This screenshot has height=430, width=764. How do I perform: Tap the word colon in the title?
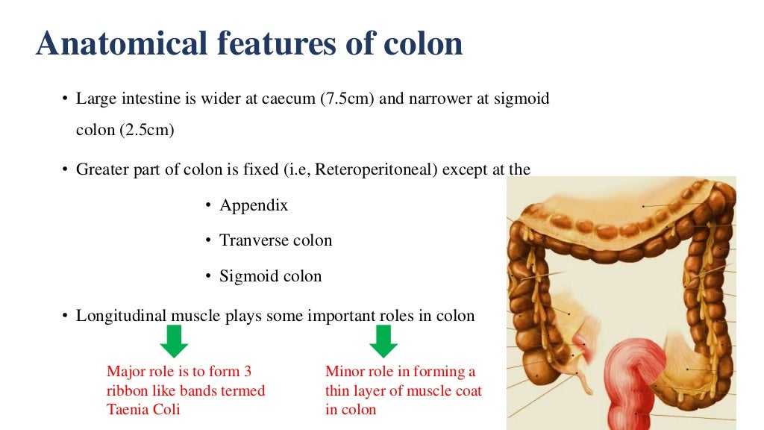(423, 43)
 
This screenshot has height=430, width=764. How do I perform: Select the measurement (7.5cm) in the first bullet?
(347, 99)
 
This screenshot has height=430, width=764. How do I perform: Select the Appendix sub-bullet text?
(254, 205)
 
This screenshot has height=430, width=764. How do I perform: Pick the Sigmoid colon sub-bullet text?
(271, 276)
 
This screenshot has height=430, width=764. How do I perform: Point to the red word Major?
(126, 371)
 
